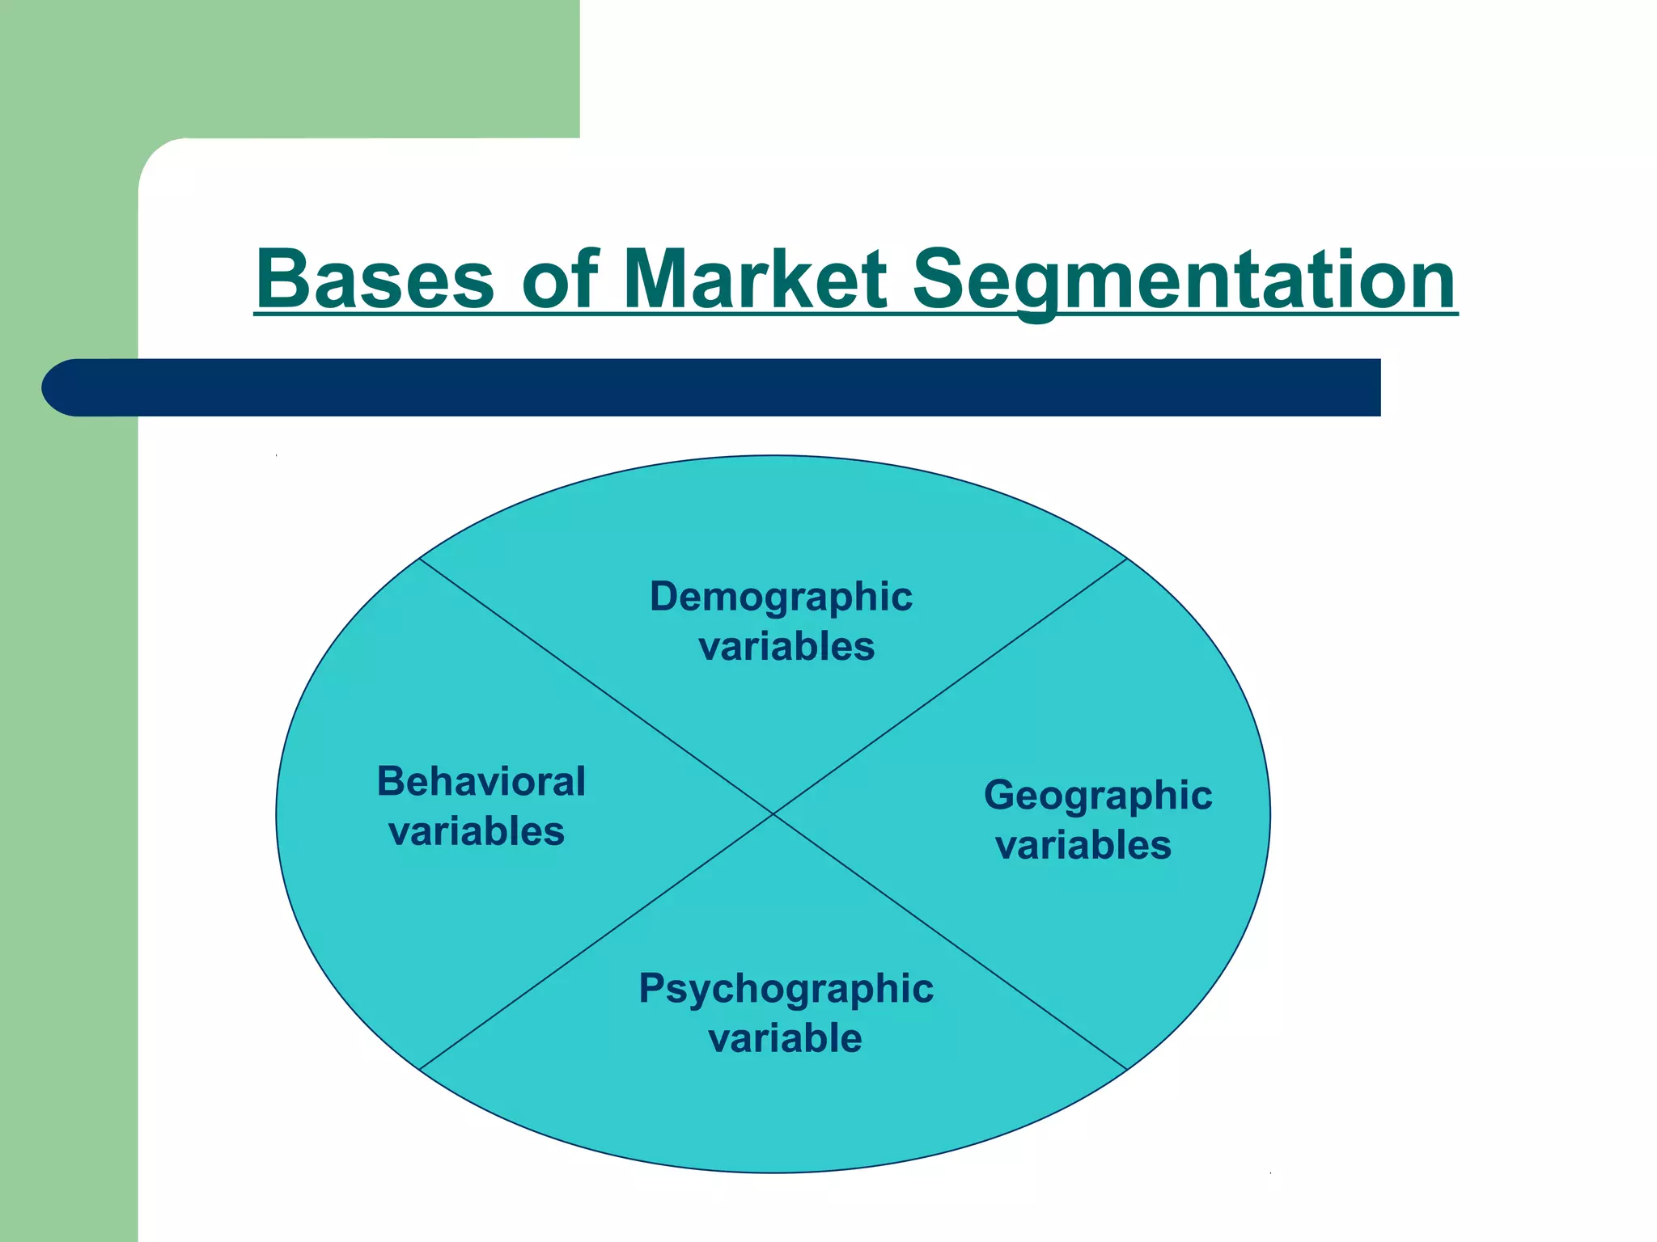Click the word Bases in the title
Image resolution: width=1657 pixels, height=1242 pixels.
coord(375,279)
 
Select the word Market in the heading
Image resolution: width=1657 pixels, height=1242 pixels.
coord(756,279)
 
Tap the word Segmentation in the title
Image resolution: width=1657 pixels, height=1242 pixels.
coord(1184,279)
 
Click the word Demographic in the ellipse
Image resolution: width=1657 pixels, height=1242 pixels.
coord(781,598)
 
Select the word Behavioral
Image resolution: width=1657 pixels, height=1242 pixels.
coord(481,782)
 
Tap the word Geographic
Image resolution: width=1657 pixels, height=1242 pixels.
coord(1098,796)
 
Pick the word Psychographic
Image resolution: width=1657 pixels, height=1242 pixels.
coord(786,989)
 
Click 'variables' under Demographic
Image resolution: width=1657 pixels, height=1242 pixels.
coord(786,647)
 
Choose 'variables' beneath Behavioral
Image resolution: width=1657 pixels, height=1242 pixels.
coord(477,831)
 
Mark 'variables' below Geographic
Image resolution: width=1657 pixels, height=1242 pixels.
coord(1083,846)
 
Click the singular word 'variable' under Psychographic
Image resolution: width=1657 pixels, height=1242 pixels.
coord(785,1038)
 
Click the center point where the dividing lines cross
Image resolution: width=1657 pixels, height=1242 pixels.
coord(773,813)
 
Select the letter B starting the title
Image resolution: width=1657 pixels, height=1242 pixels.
coord(282,279)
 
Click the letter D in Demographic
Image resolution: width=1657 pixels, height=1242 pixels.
coord(666,597)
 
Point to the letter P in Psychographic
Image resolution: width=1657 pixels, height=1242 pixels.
coord(653,988)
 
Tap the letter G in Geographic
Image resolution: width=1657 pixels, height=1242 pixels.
coord(1001,795)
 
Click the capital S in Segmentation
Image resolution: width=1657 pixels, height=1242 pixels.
coord(941,279)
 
